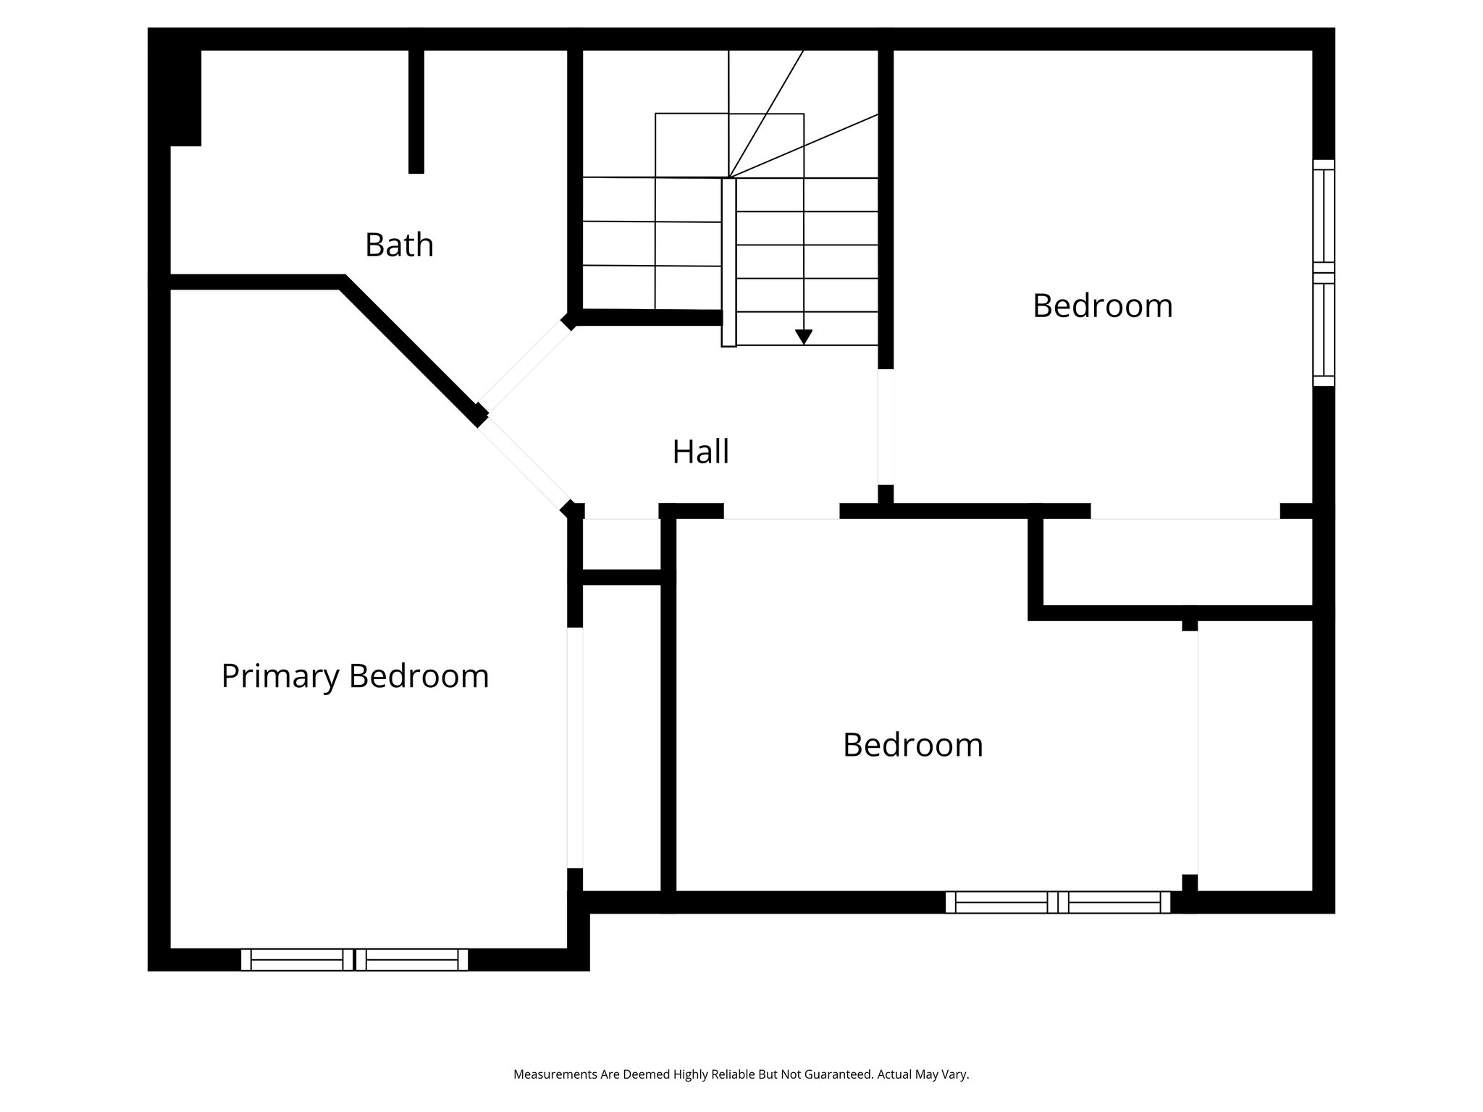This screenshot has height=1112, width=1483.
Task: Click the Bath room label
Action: [x=399, y=245]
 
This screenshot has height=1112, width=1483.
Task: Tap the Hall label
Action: [x=700, y=452]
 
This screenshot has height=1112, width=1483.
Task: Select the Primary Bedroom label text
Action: [x=355, y=676]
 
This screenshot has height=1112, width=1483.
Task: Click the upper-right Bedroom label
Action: [x=1102, y=306]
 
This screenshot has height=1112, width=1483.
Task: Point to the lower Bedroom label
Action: [x=912, y=745]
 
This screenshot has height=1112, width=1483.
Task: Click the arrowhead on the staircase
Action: [x=803, y=337]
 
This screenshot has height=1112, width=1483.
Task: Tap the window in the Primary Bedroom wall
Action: [x=354, y=959]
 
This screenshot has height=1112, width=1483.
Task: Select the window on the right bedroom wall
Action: [x=1323, y=272]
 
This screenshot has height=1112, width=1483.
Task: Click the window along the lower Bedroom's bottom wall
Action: [x=1057, y=902]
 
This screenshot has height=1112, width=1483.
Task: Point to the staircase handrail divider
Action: [x=728, y=262]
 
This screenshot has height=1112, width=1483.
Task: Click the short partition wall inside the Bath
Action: [x=416, y=111]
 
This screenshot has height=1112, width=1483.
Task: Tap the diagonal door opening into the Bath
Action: [x=525, y=365]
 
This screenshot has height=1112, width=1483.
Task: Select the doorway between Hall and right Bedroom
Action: [x=885, y=426]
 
